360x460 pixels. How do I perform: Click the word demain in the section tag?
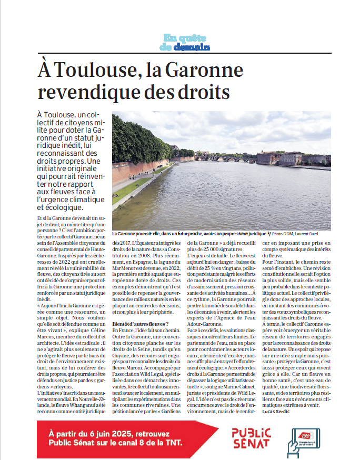[x=191, y=47]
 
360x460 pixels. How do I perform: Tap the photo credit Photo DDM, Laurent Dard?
[x=295, y=233]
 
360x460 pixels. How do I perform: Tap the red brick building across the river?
[x=284, y=158]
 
